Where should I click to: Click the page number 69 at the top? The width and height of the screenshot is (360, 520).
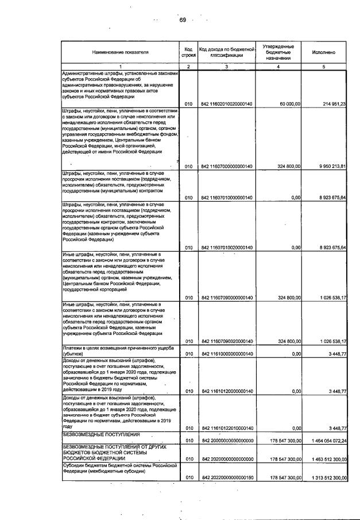point(183,20)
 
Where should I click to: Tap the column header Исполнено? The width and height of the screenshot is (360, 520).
point(324,52)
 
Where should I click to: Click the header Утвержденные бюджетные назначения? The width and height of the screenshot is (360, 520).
point(278,52)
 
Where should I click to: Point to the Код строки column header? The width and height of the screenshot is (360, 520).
point(188,52)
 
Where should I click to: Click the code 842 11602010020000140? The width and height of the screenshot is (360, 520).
point(227,103)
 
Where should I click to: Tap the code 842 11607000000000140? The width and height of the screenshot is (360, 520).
point(227,167)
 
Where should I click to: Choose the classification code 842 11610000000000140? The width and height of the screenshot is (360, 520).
point(227,354)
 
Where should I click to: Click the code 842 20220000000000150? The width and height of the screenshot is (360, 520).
point(227,478)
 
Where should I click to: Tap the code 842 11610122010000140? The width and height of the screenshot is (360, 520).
point(227,428)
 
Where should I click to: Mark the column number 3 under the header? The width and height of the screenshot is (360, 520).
point(227,67)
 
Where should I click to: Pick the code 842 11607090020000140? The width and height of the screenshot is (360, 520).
point(227,341)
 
